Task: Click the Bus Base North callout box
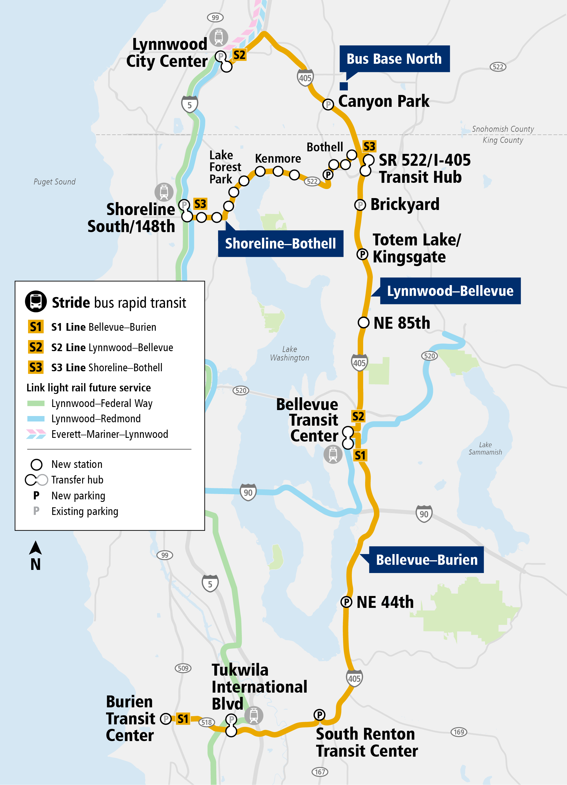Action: pos(394,59)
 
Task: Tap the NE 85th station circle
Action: pos(363,323)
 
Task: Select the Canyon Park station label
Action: pos(384,101)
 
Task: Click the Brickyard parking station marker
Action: pos(360,205)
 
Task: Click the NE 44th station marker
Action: pos(346,602)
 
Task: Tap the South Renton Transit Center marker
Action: pos(319,714)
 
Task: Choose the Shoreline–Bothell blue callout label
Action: pos(280,244)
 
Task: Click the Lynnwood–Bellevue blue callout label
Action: pos(450,291)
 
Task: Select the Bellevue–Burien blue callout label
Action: pos(426,560)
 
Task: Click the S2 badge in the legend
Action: pos(36,347)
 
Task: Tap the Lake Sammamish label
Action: pos(485,448)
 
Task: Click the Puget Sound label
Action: pos(54,182)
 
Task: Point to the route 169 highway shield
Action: pos(459,732)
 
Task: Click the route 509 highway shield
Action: pos(183,668)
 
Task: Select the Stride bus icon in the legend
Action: pos(36,301)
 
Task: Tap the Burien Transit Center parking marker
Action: pos(166,719)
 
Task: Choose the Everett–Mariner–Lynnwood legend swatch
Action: pos(36,434)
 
